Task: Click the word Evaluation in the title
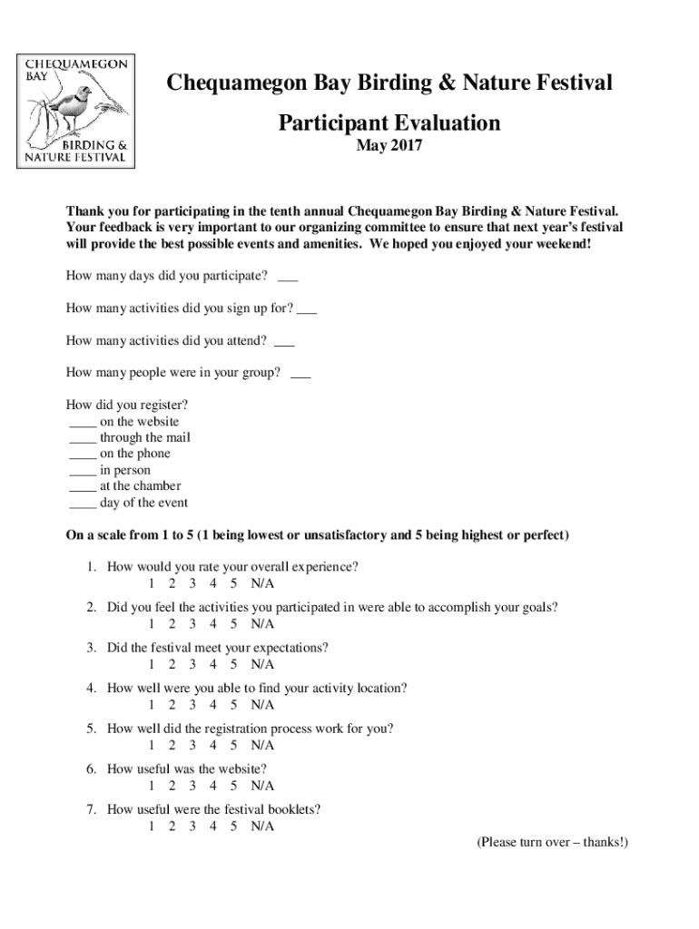(x=445, y=122)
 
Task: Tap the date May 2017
(x=389, y=145)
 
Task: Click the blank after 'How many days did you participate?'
(x=287, y=276)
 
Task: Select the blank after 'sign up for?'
(x=307, y=308)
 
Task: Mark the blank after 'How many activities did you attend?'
(x=283, y=341)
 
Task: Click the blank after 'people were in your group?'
(x=300, y=373)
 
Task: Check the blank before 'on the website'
(x=83, y=422)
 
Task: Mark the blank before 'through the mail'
(x=83, y=438)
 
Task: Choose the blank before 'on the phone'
(x=83, y=455)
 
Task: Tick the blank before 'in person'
(x=83, y=471)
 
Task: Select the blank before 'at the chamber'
(x=83, y=486)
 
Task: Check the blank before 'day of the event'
(x=83, y=503)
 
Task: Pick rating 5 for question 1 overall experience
(x=233, y=582)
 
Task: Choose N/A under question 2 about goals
(x=262, y=623)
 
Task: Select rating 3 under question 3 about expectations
(x=192, y=664)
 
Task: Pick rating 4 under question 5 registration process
(x=213, y=746)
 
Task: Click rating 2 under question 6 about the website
(x=172, y=786)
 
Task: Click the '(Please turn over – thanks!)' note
(x=552, y=843)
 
